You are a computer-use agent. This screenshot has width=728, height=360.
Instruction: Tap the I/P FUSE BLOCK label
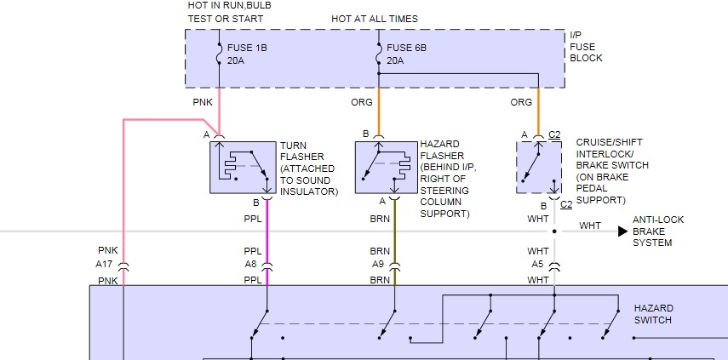coord(587,47)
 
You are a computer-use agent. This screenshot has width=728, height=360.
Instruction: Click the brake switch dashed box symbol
coord(538,167)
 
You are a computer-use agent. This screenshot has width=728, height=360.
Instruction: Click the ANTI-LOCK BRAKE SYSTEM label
coord(657,231)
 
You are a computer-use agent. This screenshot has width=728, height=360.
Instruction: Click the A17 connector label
coord(106,264)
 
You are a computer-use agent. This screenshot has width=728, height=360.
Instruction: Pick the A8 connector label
coord(251,264)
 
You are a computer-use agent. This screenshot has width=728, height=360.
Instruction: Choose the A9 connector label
coord(379,264)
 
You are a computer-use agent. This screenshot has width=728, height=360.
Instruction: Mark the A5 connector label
coord(537,264)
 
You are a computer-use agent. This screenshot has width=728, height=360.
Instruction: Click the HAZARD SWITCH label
coord(653,313)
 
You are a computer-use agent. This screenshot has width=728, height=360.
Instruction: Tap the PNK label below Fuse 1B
coord(203,102)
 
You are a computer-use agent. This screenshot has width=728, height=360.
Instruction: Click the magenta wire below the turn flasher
coord(267,230)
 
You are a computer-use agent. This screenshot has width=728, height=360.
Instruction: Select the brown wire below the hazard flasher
coord(394,230)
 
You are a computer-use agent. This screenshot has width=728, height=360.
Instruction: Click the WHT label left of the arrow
coord(590,226)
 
